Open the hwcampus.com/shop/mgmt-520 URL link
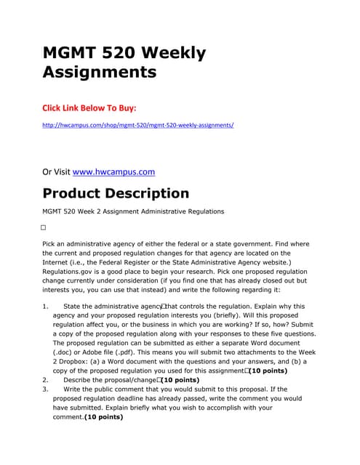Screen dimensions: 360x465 pyautogui.click(x=138, y=125)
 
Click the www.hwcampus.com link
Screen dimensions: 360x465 pyautogui.click(x=114, y=172)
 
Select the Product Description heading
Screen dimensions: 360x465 pyautogui.click(x=116, y=193)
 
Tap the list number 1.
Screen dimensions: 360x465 pyautogui.click(x=45, y=307)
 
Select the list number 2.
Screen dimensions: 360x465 pyautogui.click(x=45, y=379)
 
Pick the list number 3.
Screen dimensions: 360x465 pyautogui.click(x=45, y=389)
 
